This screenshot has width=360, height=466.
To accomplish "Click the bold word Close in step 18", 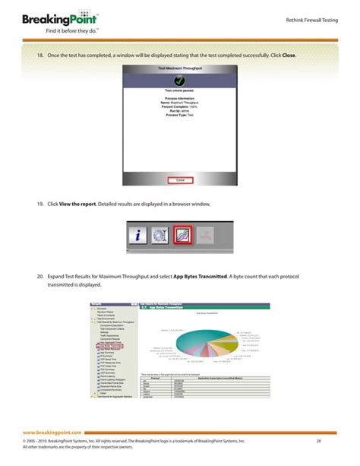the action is click(x=289, y=56).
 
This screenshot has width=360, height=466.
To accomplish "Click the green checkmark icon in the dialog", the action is click(x=179, y=81).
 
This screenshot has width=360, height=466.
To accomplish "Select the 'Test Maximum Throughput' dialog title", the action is click(x=179, y=69).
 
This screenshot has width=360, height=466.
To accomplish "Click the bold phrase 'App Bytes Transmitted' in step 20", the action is click(x=200, y=277).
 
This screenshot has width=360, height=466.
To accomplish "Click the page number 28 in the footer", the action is click(x=319, y=441).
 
